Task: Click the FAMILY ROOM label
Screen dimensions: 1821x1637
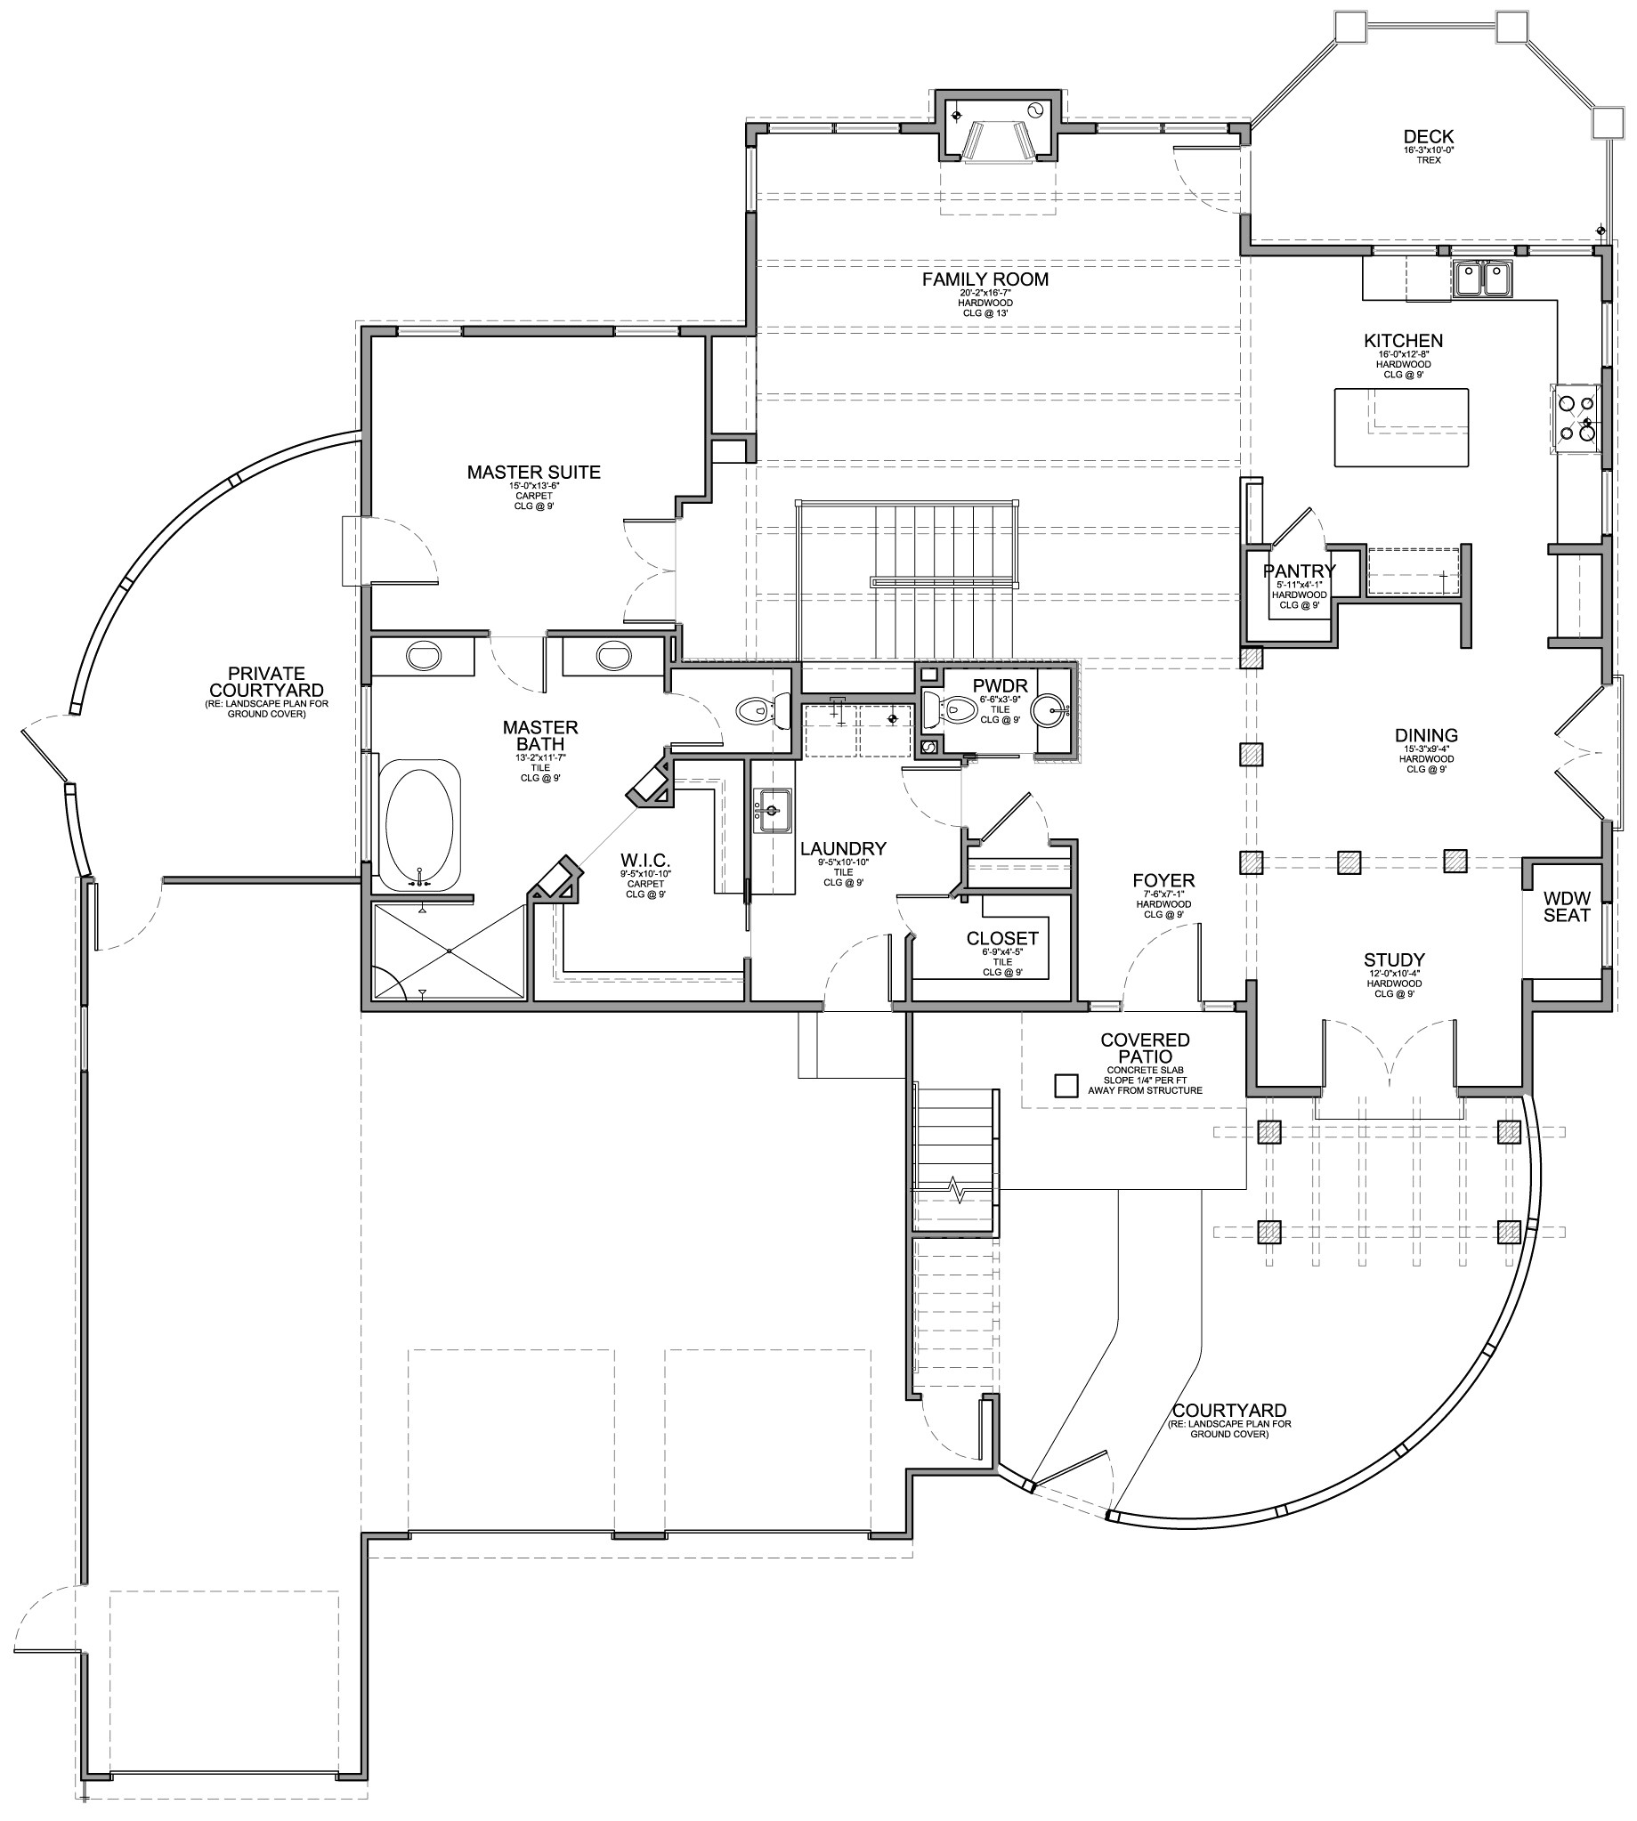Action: pyautogui.click(x=985, y=279)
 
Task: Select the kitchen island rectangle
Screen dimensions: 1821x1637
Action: pyautogui.click(x=1400, y=427)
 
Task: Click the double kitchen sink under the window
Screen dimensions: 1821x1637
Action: pyautogui.click(x=1481, y=278)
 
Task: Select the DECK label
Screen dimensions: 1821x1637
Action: pyautogui.click(x=1429, y=137)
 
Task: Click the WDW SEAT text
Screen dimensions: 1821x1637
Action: pyautogui.click(x=1567, y=907)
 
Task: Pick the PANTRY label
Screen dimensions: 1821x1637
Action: pyautogui.click(x=1299, y=571)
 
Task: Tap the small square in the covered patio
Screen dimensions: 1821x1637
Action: pyautogui.click(x=1066, y=1086)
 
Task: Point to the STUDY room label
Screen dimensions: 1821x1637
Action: pyautogui.click(x=1394, y=959)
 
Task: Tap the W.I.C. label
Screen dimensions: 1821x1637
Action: pyautogui.click(x=644, y=861)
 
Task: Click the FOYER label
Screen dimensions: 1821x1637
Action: pyautogui.click(x=1163, y=880)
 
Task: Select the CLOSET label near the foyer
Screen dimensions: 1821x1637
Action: pyautogui.click(x=1002, y=939)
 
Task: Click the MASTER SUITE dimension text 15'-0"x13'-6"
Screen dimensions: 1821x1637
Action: pyautogui.click(x=533, y=486)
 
